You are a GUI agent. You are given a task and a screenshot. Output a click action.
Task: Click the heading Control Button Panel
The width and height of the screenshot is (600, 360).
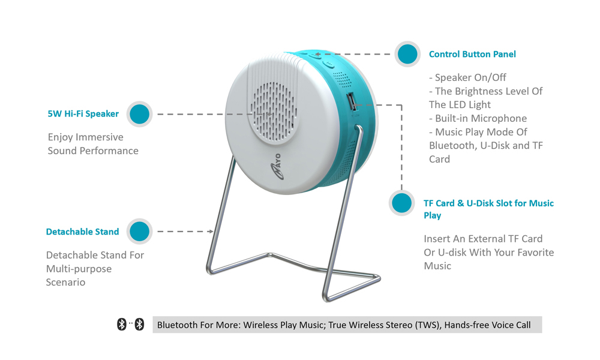(x=472, y=55)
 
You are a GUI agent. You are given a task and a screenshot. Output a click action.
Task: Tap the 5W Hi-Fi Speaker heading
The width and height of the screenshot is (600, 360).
(x=83, y=113)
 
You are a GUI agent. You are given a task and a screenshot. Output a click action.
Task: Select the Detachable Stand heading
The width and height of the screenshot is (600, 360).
(x=82, y=232)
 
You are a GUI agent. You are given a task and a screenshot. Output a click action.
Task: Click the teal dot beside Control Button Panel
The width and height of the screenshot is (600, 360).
(x=407, y=54)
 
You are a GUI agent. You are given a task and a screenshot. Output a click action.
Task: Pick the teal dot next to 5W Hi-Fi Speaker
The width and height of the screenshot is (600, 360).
(x=140, y=114)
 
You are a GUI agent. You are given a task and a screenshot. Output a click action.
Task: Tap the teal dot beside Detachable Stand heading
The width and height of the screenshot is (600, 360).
(x=140, y=232)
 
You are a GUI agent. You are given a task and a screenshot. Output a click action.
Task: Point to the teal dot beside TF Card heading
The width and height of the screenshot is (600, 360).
(x=402, y=203)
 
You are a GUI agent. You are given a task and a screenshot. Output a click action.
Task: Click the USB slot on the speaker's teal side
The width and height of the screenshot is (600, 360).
(x=351, y=103)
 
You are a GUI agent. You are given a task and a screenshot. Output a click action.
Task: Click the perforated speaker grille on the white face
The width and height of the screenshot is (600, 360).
(x=273, y=112)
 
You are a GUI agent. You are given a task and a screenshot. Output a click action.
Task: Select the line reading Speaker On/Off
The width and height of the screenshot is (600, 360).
(x=467, y=77)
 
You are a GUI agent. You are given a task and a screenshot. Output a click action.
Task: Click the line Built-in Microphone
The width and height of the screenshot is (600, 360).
(x=478, y=119)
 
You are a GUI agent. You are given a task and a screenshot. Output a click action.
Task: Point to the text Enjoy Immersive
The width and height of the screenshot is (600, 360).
(x=85, y=137)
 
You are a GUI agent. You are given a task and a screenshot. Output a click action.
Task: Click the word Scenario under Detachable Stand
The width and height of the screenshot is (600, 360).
(x=65, y=283)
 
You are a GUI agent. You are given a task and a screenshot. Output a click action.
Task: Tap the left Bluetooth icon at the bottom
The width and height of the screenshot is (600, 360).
(x=122, y=325)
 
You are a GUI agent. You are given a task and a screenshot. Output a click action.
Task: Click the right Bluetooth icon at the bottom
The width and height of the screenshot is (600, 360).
(x=140, y=325)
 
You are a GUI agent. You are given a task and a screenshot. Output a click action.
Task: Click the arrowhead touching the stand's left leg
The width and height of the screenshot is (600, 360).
(x=211, y=232)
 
